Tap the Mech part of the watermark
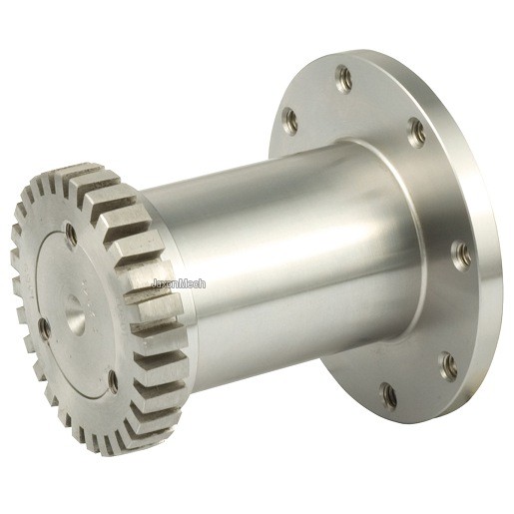(193, 283)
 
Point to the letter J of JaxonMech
(154, 283)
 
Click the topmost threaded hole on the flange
(343, 79)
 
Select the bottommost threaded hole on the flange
(388, 395)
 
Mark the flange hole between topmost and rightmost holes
(416, 133)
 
